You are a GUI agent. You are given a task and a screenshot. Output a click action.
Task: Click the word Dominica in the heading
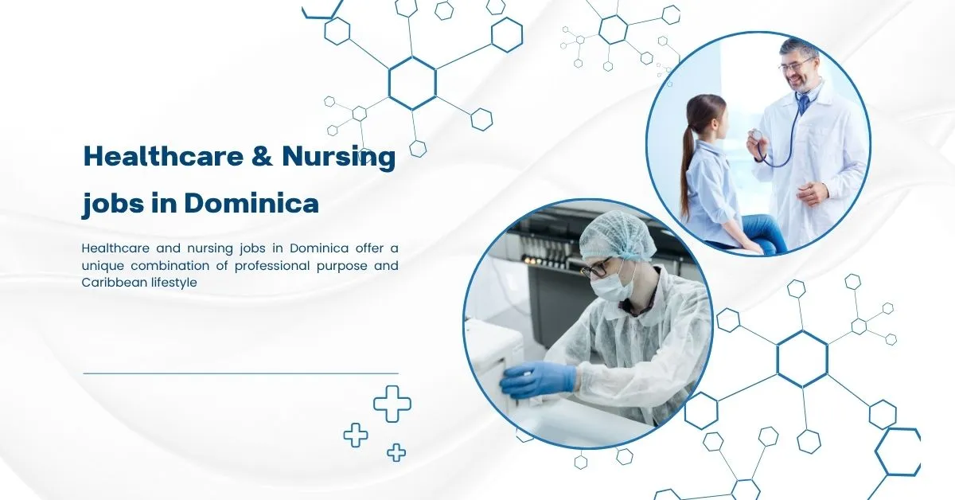point(251,204)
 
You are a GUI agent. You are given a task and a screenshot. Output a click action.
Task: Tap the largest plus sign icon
point(392,404)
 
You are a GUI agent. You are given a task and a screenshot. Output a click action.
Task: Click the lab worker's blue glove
point(536,380)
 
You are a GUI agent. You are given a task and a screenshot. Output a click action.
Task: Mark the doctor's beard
point(803,82)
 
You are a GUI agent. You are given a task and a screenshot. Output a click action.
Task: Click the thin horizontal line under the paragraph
point(240,373)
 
